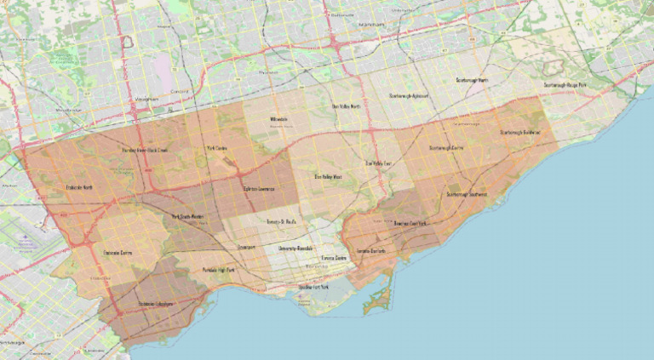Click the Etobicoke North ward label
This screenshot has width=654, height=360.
tap(78, 186)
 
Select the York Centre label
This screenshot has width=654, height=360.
tap(217, 149)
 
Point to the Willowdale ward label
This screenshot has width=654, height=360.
tap(278, 119)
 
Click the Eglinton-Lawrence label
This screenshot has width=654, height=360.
tap(259, 187)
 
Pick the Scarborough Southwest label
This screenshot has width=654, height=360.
tap(467, 194)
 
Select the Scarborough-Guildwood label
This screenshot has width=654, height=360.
tap(520, 133)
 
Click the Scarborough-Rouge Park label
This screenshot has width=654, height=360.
tap(567, 85)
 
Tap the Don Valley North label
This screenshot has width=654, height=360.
tap(346, 106)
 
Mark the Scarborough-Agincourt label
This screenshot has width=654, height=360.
tap(407, 96)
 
